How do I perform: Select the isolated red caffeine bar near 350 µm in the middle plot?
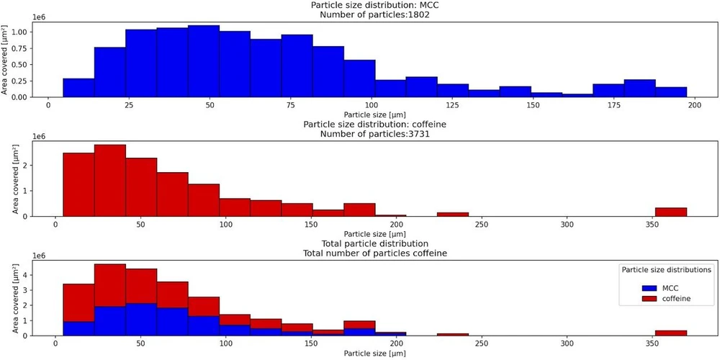671,212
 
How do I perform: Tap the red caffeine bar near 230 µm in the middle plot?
453,214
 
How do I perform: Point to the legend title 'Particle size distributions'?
666,269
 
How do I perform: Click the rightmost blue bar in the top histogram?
671,92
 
